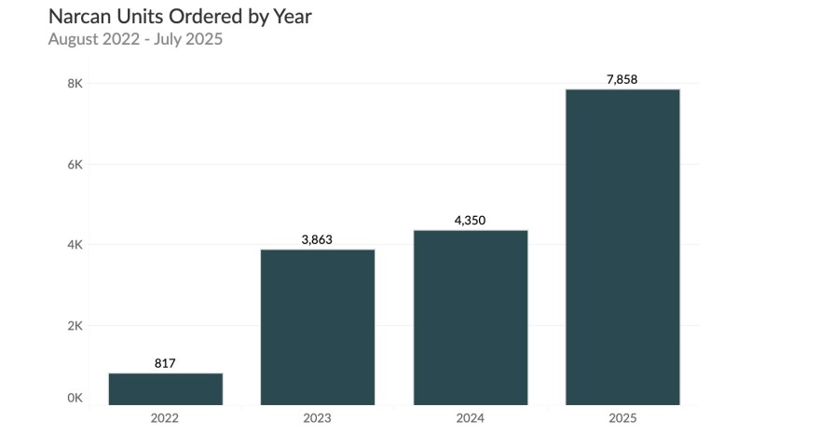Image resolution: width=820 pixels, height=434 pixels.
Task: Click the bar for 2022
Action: tap(165, 389)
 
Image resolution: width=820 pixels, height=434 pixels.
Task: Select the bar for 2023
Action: tap(317, 327)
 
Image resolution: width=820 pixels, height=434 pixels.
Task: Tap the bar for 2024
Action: tap(470, 318)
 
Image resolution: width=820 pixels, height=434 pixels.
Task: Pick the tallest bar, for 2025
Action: tap(622, 247)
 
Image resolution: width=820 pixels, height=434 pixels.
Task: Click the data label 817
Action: tap(165, 363)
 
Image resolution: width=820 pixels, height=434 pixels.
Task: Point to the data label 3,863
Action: tap(317, 239)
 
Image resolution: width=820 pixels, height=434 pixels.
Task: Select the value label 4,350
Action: tap(470, 221)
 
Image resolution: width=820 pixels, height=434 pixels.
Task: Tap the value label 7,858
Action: tap(622, 79)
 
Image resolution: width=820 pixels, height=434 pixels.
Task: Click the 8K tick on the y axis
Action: tap(75, 84)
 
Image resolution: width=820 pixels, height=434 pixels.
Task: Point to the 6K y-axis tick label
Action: tap(75, 165)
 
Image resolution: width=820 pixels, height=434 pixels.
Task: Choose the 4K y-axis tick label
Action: tap(75, 245)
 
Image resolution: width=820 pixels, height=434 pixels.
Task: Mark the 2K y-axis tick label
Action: tap(75, 326)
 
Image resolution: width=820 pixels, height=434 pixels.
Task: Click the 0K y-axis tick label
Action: tap(75, 398)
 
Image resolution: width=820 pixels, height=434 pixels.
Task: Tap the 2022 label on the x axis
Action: tap(165, 418)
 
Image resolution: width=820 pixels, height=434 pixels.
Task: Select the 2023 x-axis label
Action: tap(317, 418)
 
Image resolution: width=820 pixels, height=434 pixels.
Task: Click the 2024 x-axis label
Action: tap(470, 418)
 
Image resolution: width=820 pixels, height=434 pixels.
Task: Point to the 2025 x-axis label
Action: tap(622, 418)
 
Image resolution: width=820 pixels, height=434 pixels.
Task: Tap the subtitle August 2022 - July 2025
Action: tap(135, 39)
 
